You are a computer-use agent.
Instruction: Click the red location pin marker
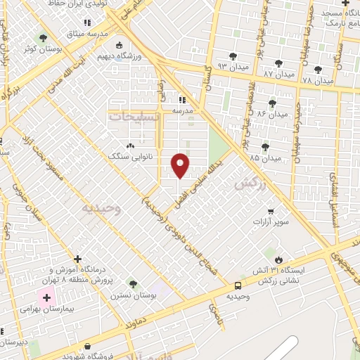click(x=181, y=165)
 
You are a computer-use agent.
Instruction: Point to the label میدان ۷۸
click(x=317, y=80)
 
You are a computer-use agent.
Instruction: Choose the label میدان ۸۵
click(x=264, y=158)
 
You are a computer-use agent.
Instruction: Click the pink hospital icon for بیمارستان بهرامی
click(x=47, y=298)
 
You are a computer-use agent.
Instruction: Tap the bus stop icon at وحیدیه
click(x=238, y=285)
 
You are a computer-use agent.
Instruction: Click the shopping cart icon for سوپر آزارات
click(x=271, y=211)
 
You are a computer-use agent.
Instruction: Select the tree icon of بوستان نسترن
click(x=133, y=284)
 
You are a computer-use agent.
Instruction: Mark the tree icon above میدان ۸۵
click(x=265, y=146)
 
